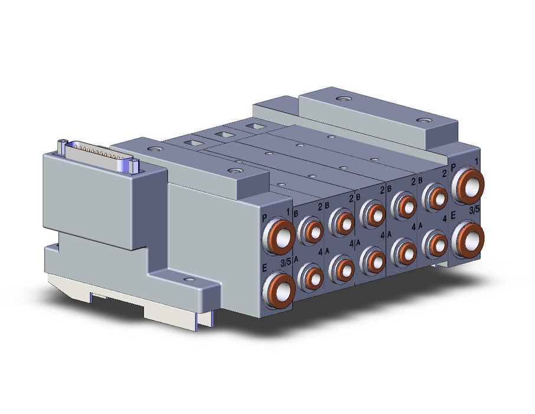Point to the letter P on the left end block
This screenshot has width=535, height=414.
265,218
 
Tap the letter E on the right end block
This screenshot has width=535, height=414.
454,215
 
